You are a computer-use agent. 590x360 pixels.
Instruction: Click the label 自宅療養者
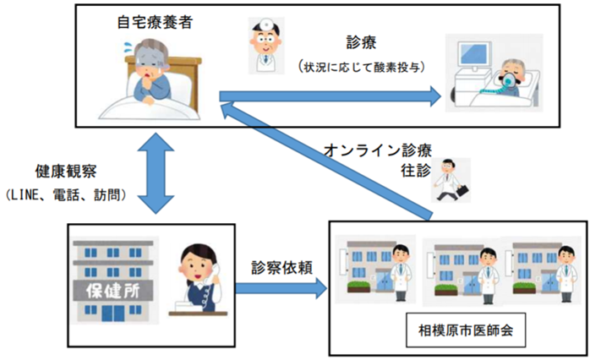(x=155, y=22)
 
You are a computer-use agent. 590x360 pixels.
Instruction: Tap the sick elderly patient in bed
(x=150, y=79)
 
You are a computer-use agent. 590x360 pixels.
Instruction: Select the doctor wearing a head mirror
(x=266, y=45)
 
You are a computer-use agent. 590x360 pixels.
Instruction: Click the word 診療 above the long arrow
(x=361, y=42)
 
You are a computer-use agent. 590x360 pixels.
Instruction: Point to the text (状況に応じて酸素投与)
(x=362, y=67)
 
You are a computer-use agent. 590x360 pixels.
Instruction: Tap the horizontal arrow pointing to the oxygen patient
(x=330, y=96)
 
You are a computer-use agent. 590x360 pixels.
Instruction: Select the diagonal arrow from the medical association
(x=326, y=161)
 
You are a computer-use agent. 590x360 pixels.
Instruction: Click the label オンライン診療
(x=377, y=150)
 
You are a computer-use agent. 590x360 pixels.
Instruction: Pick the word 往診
(x=415, y=171)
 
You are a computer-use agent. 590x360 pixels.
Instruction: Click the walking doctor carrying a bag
(x=451, y=180)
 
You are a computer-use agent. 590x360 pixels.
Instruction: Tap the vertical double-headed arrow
(x=156, y=173)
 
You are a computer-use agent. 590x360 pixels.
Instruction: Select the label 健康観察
(x=66, y=172)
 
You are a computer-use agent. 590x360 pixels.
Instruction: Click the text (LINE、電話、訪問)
(x=65, y=195)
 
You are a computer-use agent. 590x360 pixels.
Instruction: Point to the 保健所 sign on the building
(x=113, y=291)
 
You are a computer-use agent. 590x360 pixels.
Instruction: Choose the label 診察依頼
(x=281, y=268)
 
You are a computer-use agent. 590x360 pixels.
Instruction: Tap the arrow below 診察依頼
(x=281, y=288)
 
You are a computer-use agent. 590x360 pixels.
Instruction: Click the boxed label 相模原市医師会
(x=466, y=330)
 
